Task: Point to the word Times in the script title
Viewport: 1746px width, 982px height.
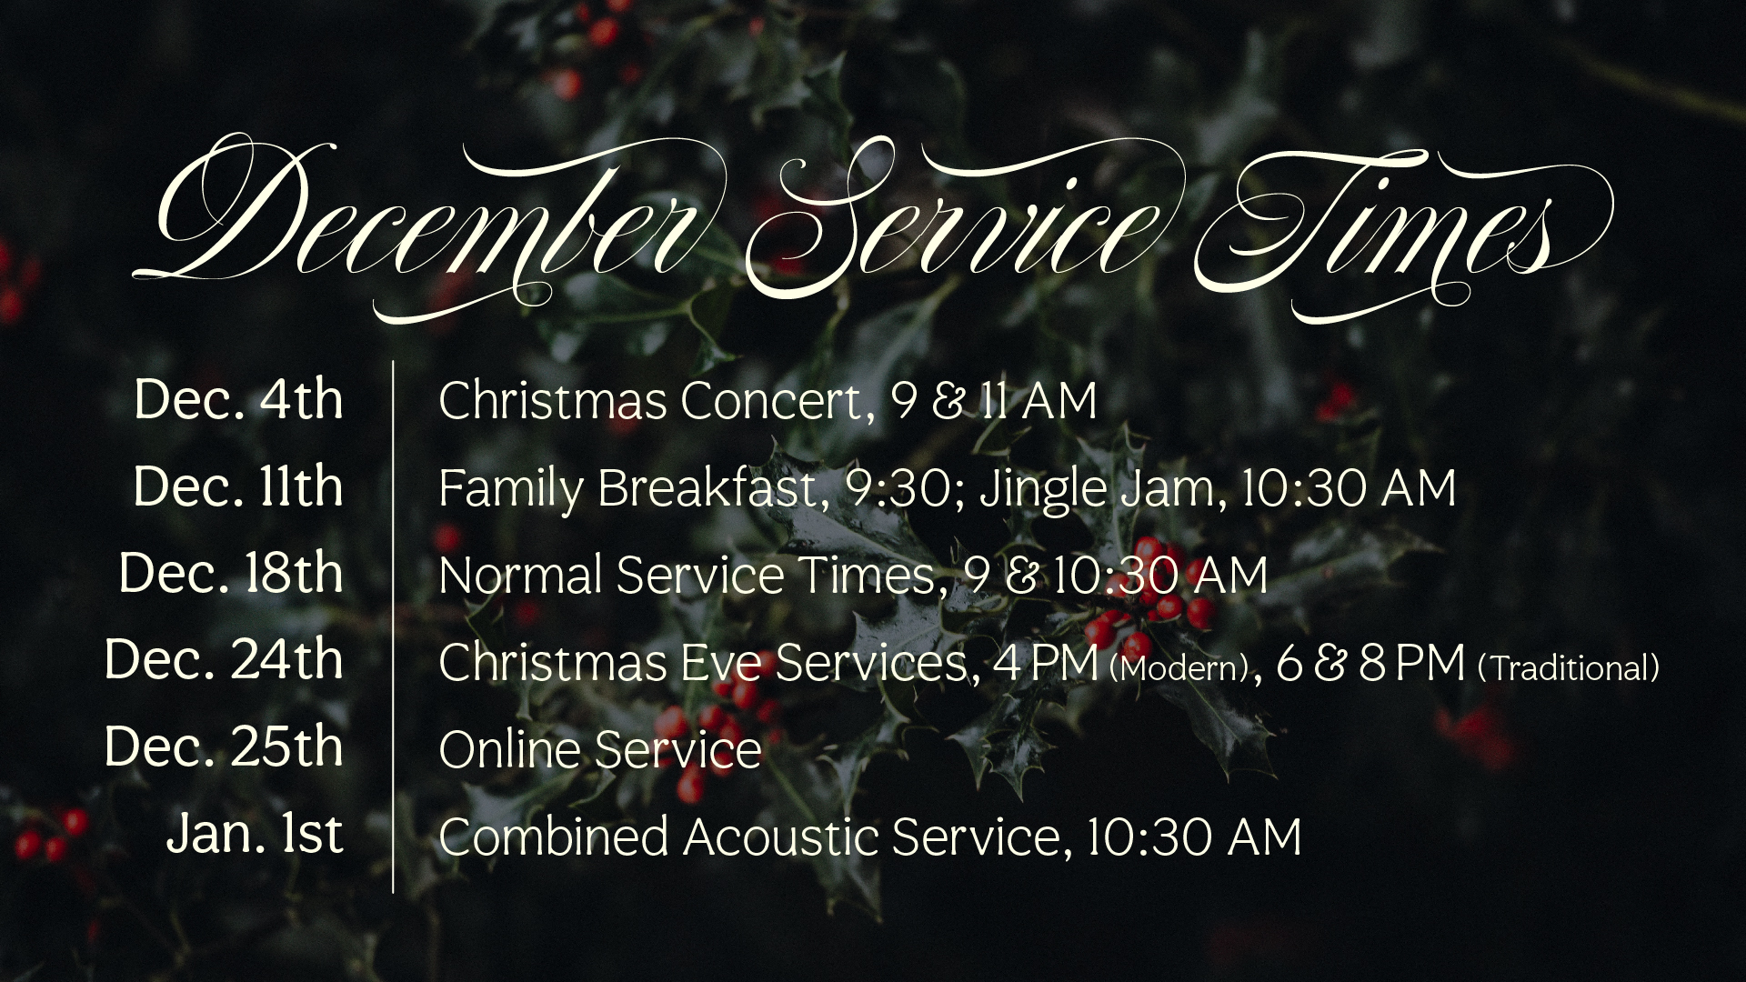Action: (x=1391, y=227)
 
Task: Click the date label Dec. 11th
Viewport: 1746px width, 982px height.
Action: (x=238, y=486)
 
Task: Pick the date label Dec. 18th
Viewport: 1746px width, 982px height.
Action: (x=231, y=573)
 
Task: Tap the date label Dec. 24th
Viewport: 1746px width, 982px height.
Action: (x=224, y=659)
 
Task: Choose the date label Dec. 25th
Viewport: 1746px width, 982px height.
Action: (x=224, y=747)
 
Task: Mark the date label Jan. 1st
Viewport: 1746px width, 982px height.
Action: (x=256, y=834)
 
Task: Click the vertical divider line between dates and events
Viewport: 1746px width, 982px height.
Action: (x=393, y=626)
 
